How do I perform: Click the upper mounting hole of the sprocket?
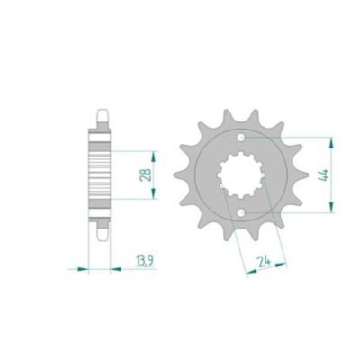click(x=243, y=136)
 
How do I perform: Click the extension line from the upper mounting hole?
click(x=288, y=136)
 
